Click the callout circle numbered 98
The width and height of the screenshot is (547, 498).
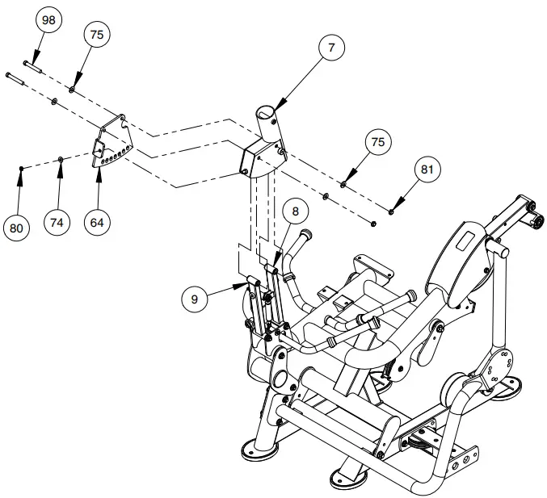[x=48, y=20]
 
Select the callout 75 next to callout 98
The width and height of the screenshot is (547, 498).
[x=98, y=35]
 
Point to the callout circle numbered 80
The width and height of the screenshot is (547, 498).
[x=16, y=228]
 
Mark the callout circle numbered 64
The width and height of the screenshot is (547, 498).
[x=97, y=222]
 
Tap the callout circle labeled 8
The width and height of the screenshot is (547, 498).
[x=296, y=212]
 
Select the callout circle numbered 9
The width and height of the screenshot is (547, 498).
[x=195, y=298]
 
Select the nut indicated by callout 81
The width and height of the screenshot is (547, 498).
[x=391, y=211]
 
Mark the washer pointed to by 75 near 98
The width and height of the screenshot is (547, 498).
[x=73, y=88]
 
